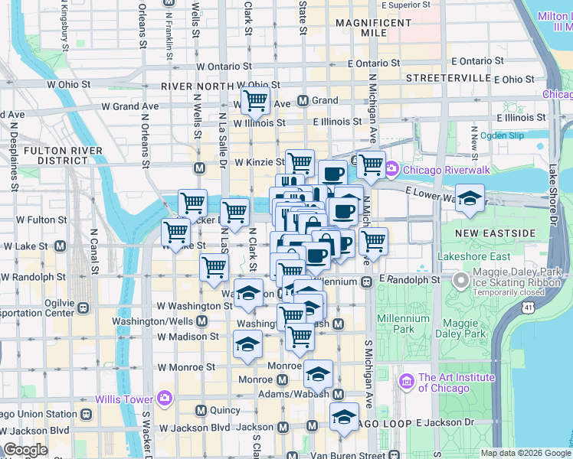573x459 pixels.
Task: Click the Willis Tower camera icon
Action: pos(164,398)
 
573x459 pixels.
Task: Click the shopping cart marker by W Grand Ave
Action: pos(254,100)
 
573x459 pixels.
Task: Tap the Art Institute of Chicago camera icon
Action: pos(406,379)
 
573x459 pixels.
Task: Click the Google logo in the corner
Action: pos(25,450)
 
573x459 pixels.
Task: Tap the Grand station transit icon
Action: pos(303,100)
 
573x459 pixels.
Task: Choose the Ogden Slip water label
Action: pos(502,135)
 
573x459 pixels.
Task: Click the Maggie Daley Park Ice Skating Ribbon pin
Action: pos(461,281)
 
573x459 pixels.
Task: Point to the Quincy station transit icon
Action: pos(201,411)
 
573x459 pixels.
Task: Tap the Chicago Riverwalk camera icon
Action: pos(391,168)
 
